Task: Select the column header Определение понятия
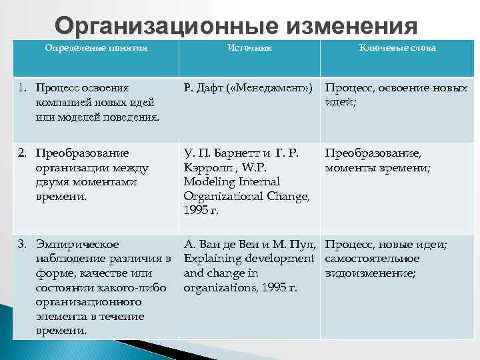pyautogui.click(x=96, y=48)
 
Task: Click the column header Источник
pyautogui.click(x=250, y=48)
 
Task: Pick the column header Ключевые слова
pyautogui.click(x=397, y=48)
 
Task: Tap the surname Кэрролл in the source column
pyautogui.click(x=205, y=167)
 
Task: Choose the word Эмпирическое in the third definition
pyautogui.click(x=77, y=244)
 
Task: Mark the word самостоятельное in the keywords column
pyautogui.click(x=372, y=258)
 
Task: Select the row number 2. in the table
pyautogui.click(x=22, y=152)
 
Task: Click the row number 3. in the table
pyautogui.click(x=22, y=244)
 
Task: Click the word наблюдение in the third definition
pyautogui.click(x=70, y=258)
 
